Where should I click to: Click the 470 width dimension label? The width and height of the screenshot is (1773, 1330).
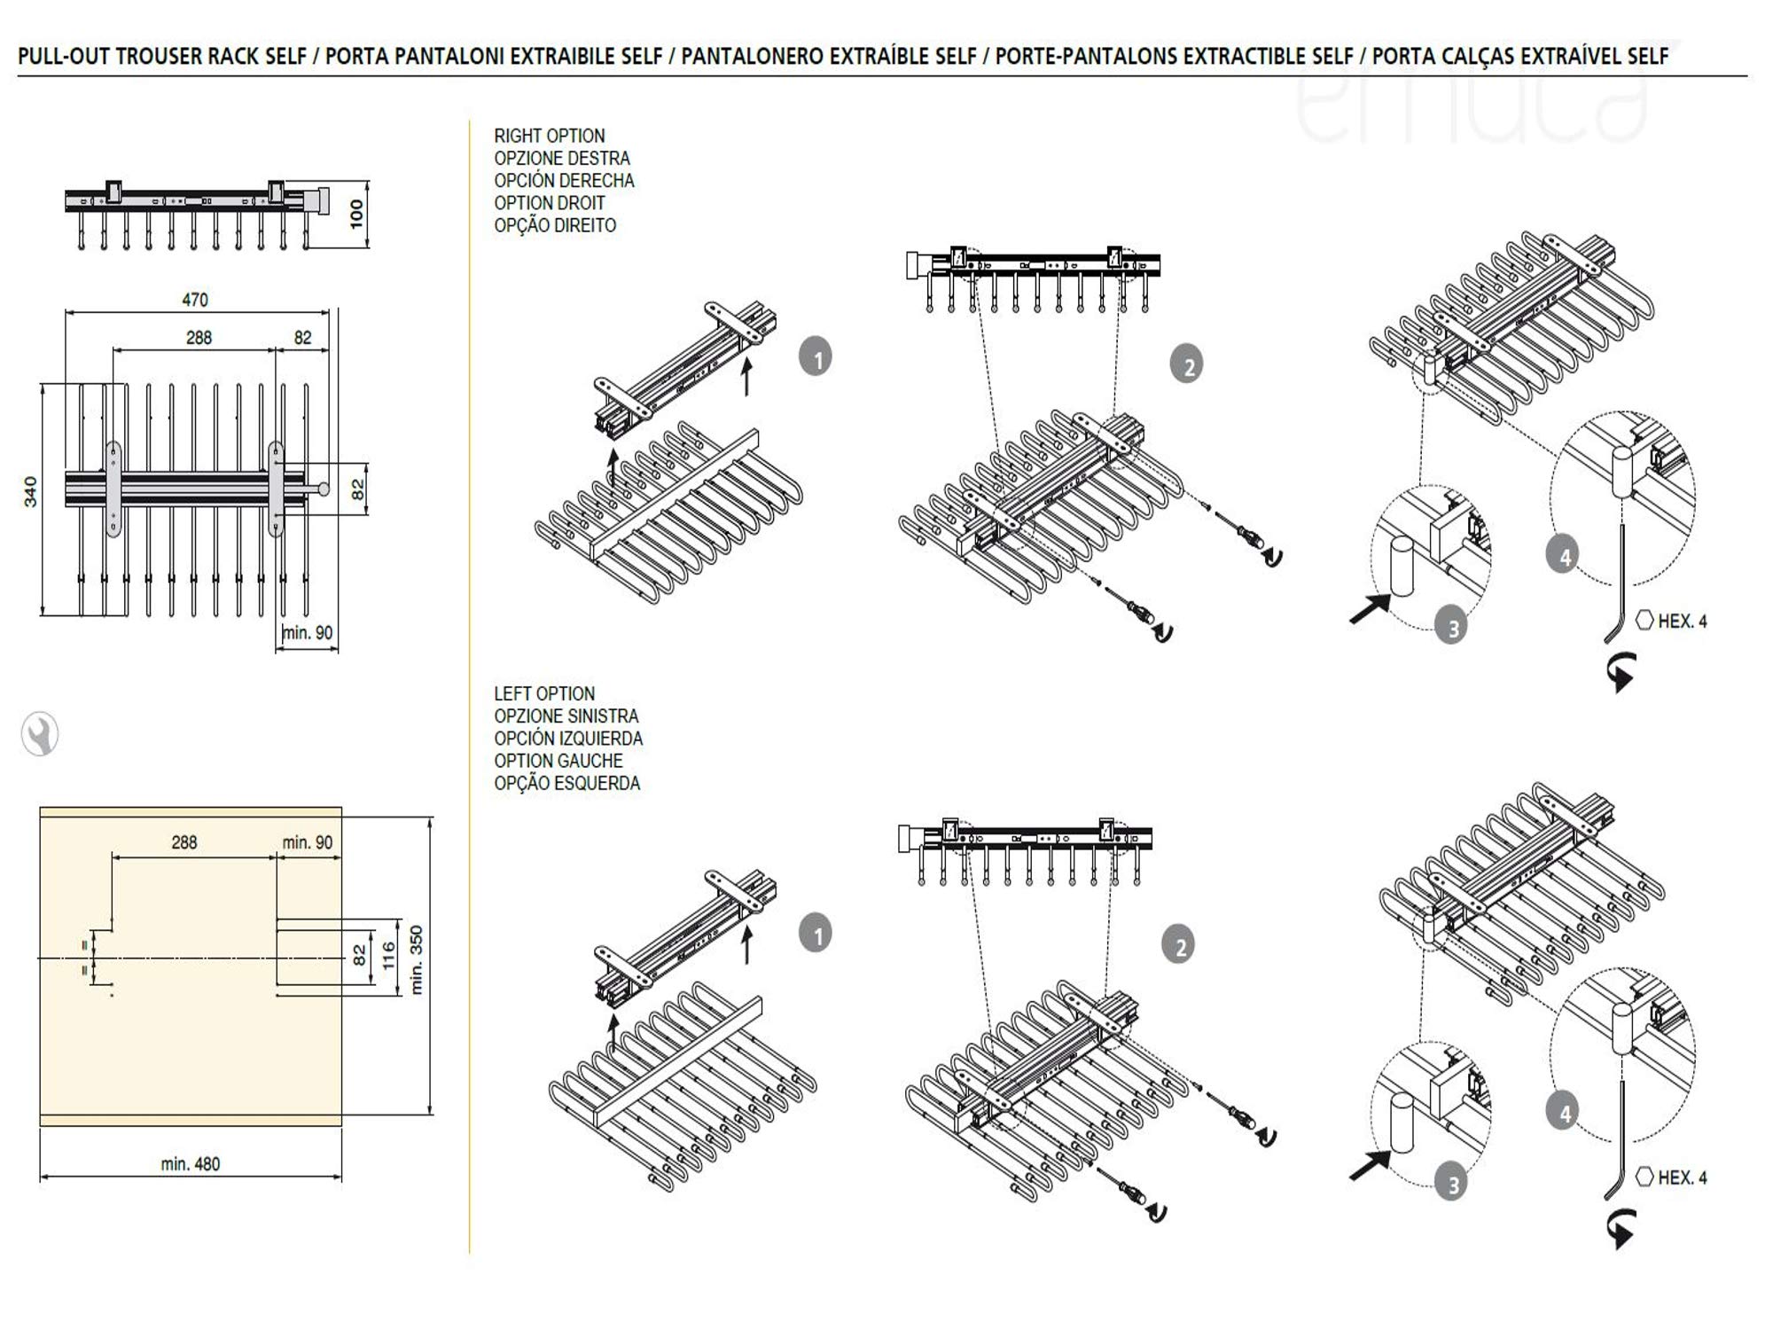[195, 300]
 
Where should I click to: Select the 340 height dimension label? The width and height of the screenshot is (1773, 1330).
[31, 492]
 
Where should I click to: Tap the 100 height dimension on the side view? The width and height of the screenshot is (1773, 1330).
[356, 214]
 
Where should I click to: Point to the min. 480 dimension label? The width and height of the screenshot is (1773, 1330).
[191, 1163]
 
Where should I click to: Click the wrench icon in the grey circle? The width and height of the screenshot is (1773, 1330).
[40, 734]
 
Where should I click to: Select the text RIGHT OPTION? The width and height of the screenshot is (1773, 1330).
[550, 136]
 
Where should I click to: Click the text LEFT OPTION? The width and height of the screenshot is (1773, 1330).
[544, 693]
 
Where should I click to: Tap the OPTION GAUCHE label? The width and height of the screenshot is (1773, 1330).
[558, 761]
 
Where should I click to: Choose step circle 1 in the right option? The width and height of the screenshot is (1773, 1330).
[816, 358]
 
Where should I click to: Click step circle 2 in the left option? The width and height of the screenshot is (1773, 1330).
[1180, 946]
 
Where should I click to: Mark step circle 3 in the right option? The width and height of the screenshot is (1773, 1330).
[1452, 629]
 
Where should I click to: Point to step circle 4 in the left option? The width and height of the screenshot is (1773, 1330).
[1564, 1113]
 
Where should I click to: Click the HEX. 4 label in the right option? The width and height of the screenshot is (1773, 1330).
[1682, 622]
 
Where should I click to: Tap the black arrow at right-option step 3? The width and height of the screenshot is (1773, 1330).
[1370, 609]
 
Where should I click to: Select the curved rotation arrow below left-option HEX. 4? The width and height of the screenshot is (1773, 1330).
[1621, 1229]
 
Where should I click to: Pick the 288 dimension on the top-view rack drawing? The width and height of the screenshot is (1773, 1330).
[199, 338]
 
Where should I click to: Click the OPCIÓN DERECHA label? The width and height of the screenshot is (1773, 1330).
[564, 181]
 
